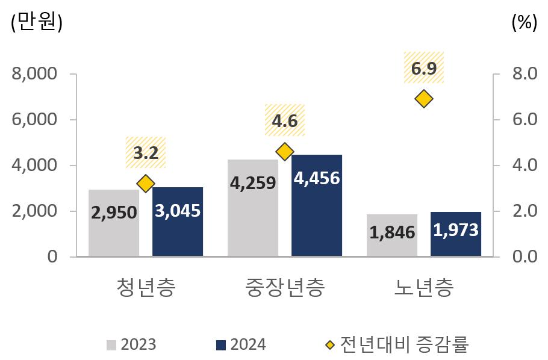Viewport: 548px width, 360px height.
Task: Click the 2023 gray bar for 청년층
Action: [x=113, y=223]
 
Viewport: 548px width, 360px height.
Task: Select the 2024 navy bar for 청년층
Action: [x=178, y=222]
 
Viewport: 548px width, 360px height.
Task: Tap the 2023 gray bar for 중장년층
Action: [x=253, y=208]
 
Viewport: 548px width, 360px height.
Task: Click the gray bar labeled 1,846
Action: [x=391, y=235]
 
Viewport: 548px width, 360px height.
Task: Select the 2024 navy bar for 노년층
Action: [x=456, y=234]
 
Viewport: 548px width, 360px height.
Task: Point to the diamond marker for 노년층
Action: [x=424, y=99]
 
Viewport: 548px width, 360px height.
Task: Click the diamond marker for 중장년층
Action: [x=285, y=152]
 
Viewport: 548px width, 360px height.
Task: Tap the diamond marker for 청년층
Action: [x=145, y=184]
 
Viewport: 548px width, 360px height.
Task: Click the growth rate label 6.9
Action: [x=424, y=69]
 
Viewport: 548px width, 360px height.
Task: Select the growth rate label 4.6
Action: [x=285, y=121]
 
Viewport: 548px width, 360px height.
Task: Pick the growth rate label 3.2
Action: [x=145, y=153]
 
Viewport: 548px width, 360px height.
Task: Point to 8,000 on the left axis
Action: [x=34, y=74]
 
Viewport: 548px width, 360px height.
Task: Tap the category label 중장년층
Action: [x=285, y=288]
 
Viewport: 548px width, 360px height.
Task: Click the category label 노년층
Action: [x=424, y=288]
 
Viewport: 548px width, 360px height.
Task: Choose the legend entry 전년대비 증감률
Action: [x=397, y=344]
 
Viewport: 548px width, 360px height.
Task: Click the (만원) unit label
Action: [x=37, y=22]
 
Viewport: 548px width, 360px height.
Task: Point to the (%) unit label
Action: [x=523, y=22]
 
